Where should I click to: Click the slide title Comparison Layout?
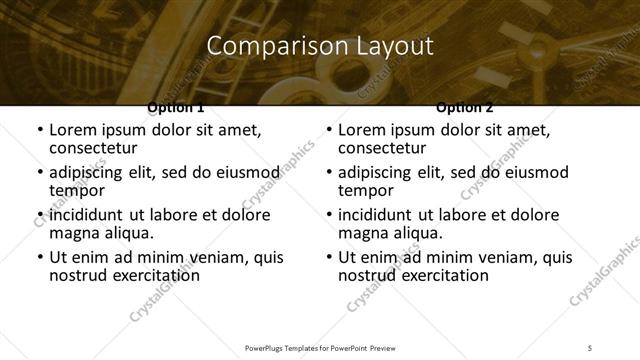320,46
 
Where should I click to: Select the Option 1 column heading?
175,107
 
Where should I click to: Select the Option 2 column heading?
464,107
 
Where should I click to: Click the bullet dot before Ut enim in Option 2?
328,257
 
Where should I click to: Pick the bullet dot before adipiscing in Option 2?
328,173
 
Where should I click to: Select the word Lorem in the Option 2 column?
362,130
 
